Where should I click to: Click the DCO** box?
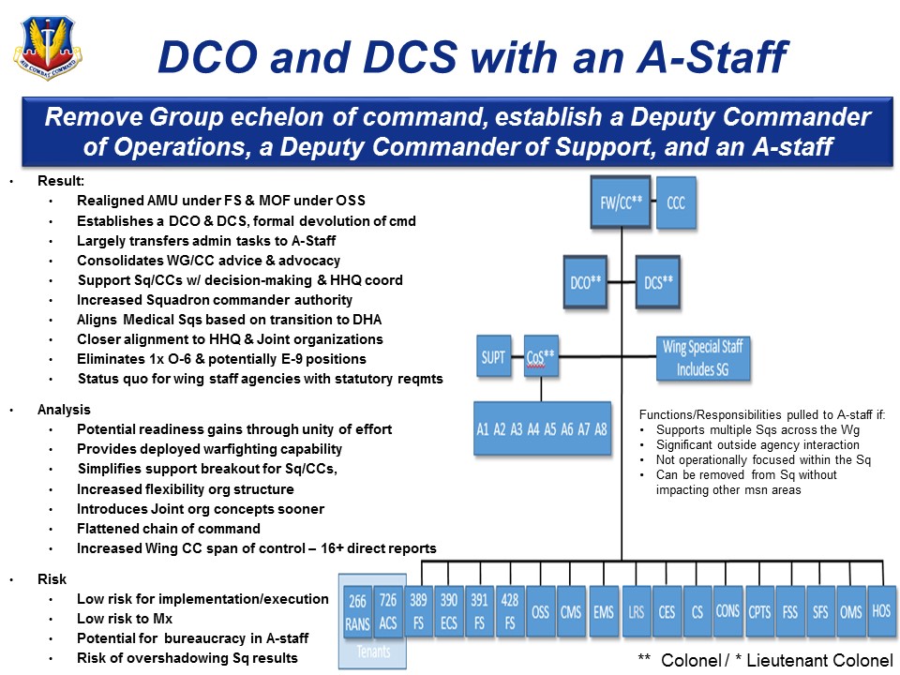point(588,281)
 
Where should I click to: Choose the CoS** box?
point(541,356)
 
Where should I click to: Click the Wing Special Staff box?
point(703,357)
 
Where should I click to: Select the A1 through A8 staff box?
point(542,429)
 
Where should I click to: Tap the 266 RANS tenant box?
point(357,611)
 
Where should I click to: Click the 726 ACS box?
point(388,611)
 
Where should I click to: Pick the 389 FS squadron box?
point(419,611)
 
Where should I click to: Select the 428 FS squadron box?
point(509,611)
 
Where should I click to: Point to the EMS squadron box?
point(604,611)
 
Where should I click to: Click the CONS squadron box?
point(727,611)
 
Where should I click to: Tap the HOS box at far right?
point(880,610)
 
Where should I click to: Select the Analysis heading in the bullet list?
point(64,410)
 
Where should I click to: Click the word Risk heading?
point(52,579)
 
